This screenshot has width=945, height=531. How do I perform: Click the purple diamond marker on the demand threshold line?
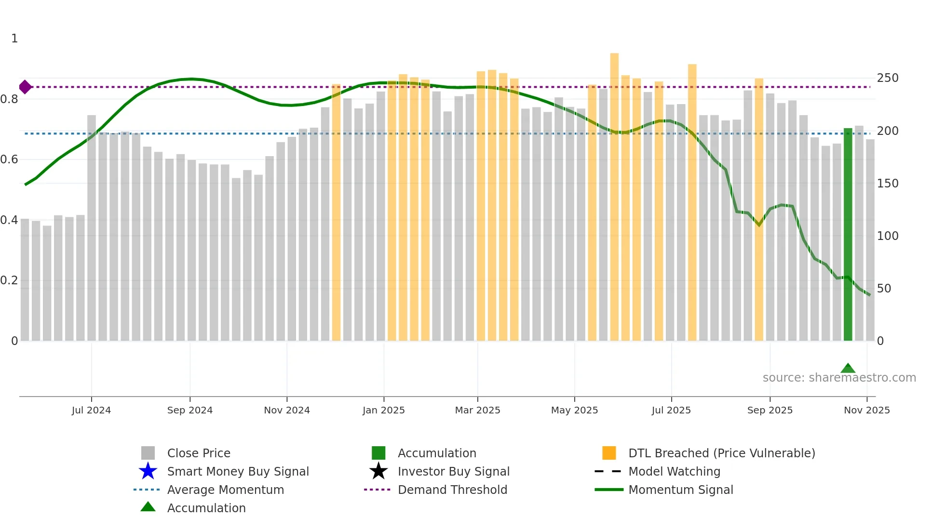pyautogui.click(x=25, y=87)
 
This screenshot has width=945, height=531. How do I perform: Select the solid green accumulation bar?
pyautogui.click(x=848, y=234)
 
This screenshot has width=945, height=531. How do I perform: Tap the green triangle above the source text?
pyautogui.click(x=848, y=369)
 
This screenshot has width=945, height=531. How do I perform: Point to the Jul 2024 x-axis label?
pyautogui.click(x=91, y=410)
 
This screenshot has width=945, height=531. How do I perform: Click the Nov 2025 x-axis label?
pyautogui.click(x=866, y=410)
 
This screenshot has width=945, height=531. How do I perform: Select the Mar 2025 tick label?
pyautogui.click(x=477, y=410)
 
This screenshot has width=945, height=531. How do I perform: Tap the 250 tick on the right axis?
pyautogui.click(x=887, y=78)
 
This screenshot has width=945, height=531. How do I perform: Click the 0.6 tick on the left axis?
pyautogui.click(x=9, y=159)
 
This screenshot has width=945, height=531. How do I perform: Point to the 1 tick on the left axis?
pyautogui.click(x=14, y=39)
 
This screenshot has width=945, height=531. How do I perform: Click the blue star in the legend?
pyautogui.click(x=148, y=471)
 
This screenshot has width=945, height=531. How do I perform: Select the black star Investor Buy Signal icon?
pyautogui.click(x=378, y=471)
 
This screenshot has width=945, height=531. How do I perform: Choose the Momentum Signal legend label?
pyautogui.click(x=680, y=490)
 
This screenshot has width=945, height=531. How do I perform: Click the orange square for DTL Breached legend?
pyautogui.click(x=609, y=453)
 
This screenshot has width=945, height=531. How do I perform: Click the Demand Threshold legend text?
pyautogui.click(x=452, y=490)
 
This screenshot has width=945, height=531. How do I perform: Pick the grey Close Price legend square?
pyautogui.click(x=148, y=453)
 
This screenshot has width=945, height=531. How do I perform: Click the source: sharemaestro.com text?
pyautogui.click(x=839, y=378)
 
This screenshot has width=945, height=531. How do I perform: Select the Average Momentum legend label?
pyautogui.click(x=225, y=490)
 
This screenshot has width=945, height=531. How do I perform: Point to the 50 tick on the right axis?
pyautogui.click(x=884, y=289)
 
